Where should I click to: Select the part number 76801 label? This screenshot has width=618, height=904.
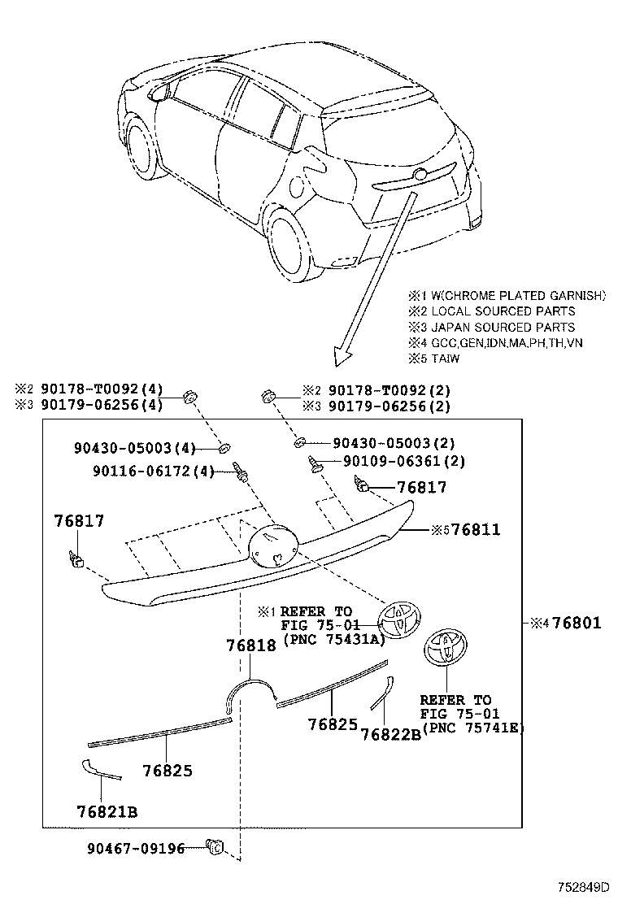tap(575, 624)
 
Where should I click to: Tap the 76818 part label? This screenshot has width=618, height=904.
tap(252, 645)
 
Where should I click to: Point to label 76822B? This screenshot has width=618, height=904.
tap(391, 734)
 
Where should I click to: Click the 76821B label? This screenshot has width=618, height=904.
tap(107, 811)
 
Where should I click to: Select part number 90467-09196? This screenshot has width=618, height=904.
tap(134, 848)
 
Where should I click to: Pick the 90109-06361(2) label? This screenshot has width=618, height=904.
tap(393, 461)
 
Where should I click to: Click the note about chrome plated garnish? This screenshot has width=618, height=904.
tap(507, 296)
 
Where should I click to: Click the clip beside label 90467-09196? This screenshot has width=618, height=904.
tap(215, 848)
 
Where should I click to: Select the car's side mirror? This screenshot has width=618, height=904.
tap(159, 93)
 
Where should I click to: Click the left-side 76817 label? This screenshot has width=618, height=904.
tap(79, 521)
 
